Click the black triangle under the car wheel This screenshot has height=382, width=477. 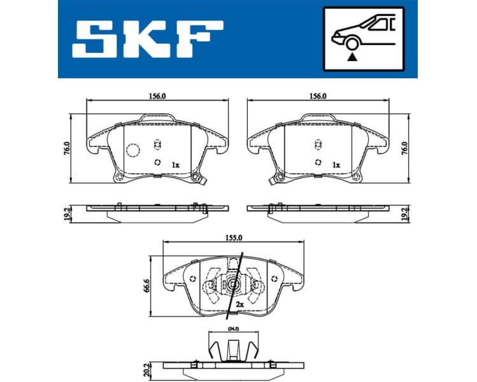pos(350,57)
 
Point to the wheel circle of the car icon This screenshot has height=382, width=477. pos(350,43)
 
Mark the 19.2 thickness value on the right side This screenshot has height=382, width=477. pos(406,213)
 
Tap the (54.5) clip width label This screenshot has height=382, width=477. pos(233,329)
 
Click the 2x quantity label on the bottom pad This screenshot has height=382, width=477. pos(240,305)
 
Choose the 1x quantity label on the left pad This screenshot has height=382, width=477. pos(175,165)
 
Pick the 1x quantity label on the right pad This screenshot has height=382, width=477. pos(336,165)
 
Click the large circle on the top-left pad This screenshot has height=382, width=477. pos(133,151)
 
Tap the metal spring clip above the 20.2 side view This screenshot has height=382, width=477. pos(233,348)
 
